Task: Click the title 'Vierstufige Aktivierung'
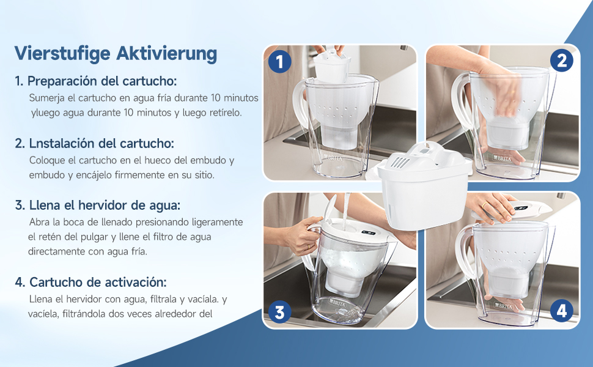pyautogui.click(x=116, y=53)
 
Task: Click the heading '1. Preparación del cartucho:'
pyautogui.click(x=96, y=81)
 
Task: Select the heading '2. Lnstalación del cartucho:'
pyautogui.click(x=95, y=143)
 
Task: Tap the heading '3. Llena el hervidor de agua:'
pyautogui.click(x=98, y=205)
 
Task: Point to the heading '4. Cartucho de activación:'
pyautogui.click(x=90, y=283)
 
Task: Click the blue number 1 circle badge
pyautogui.click(x=279, y=61)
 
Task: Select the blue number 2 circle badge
pyautogui.click(x=561, y=60)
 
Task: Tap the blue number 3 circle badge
pyautogui.click(x=279, y=313)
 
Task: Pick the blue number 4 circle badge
pyautogui.click(x=561, y=311)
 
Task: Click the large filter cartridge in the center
pyautogui.click(x=424, y=187)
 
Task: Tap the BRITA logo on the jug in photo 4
pyautogui.click(x=505, y=305)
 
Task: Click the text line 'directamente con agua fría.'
pyautogui.click(x=87, y=251)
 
